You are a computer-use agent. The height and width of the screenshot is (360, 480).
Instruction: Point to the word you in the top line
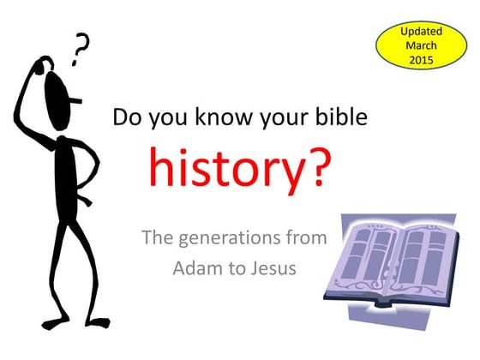(x=167, y=117)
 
